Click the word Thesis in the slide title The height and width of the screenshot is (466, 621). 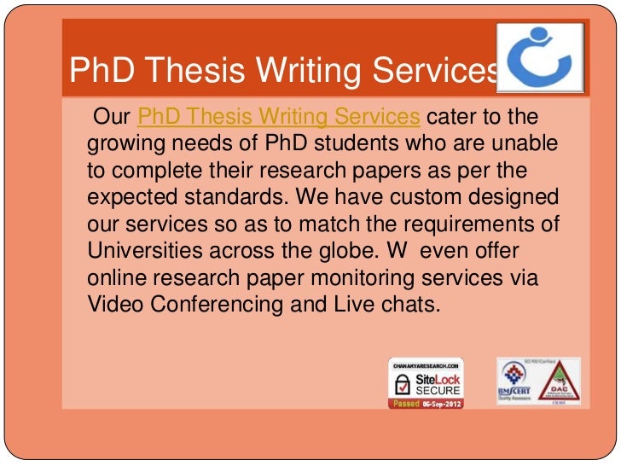click(x=193, y=73)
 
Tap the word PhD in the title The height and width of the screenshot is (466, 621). click(x=98, y=73)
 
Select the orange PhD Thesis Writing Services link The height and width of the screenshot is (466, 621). click(x=278, y=115)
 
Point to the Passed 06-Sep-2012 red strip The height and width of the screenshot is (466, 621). click(x=427, y=404)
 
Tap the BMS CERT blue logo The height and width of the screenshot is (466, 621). click(x=515, y=381)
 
